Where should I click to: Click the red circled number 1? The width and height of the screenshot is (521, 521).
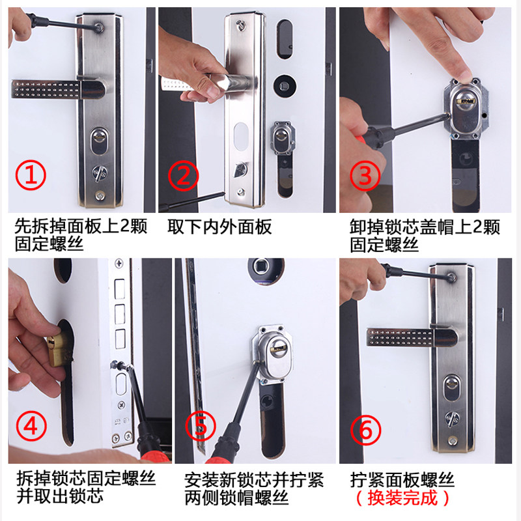[x=31, y=175]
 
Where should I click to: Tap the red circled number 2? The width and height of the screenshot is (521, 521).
[x=183, y=176]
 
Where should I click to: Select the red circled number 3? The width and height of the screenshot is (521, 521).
[x=365, y=175]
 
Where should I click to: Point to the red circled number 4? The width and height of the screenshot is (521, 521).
[x=31, y=427]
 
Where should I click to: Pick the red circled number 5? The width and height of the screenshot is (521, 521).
[x=201, y=427]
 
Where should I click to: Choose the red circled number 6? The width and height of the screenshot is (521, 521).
[x=365, y=430]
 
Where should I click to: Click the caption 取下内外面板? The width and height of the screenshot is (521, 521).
[x=219, y=227]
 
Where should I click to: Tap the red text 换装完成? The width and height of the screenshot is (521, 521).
[x=402, y=498]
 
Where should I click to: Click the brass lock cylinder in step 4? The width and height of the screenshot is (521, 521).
[x=57, y=349]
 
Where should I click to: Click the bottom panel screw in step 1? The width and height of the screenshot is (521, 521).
[x=100, y=195]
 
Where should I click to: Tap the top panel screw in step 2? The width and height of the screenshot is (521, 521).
[x=240, y=24]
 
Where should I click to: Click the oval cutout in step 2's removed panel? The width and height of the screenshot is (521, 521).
[x=241, y=136]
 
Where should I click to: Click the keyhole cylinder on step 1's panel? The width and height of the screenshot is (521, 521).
[x=99, y=140]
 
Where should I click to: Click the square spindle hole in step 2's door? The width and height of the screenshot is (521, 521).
[x=285, y=87]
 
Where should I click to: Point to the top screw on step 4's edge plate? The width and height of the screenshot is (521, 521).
[x=119, y=264]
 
